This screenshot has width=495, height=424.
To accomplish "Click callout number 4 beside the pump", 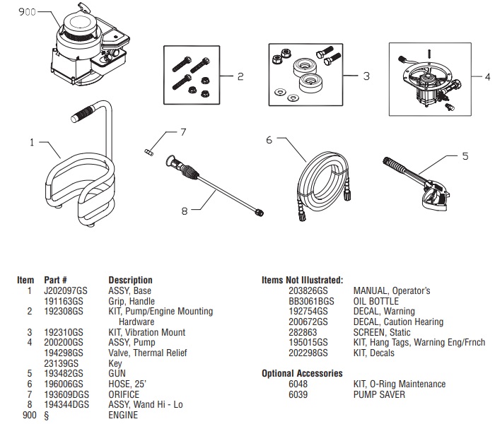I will click(x=487, y=76).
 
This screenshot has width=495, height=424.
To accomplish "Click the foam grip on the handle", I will click(x=83, y=112).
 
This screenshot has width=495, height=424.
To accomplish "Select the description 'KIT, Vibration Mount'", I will click(x=146, y=332).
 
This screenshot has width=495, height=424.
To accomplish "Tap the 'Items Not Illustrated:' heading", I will click(x=302, y=281).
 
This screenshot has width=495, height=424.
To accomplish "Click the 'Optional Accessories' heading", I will click(x=302, y=374).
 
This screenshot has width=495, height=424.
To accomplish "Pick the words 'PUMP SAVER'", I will click(x=379, y=394).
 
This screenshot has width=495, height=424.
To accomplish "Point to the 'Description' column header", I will click(x=129, y=281).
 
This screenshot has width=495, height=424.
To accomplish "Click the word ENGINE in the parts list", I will click(x=123, y=415).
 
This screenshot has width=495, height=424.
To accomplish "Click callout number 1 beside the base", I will click(x=31, y=142).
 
